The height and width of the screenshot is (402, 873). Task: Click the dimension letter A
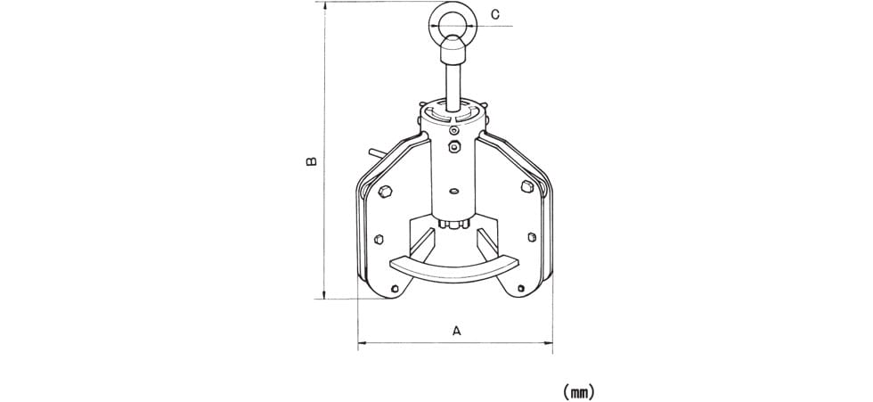pyautogui.click(x=456, y=331)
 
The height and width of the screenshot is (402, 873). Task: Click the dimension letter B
pyautogui.click(x=312, y=161)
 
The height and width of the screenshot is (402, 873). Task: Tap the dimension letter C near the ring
pyautogui.click(x=495, y=14)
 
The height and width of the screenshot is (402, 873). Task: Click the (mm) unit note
pyautogui.click(x=578, y=392)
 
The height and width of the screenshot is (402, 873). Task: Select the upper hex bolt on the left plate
pyautogui.click(x=384, y=193)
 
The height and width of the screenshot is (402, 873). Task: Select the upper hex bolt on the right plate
pyautogui.click(x=526, y=186)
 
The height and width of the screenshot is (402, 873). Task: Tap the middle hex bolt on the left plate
pyautogui.click(x=379, y=239)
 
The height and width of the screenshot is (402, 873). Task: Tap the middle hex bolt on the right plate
pyautogui.click(x=531, y=236)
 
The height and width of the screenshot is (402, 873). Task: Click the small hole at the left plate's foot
pyautogui.click(x=395, y=289)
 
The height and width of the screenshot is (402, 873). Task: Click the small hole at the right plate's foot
pyautogui.click(x=521, y=288)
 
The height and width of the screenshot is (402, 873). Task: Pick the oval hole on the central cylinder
pyautogui.click(x=453, y=192)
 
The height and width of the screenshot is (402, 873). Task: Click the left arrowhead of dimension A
pyautogui.click(x=362, y=342)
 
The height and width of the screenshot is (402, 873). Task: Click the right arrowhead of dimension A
pyautogui.click(x=549, y=342)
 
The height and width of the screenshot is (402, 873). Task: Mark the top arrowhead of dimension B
pyautogui.click(x=324, y=5)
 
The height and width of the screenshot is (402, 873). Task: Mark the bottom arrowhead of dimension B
pyautogui.click(x=324, y=295)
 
